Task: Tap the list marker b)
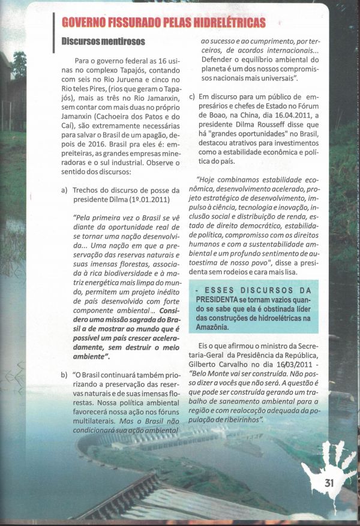click(64, 375)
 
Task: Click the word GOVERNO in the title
click(87, 23)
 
